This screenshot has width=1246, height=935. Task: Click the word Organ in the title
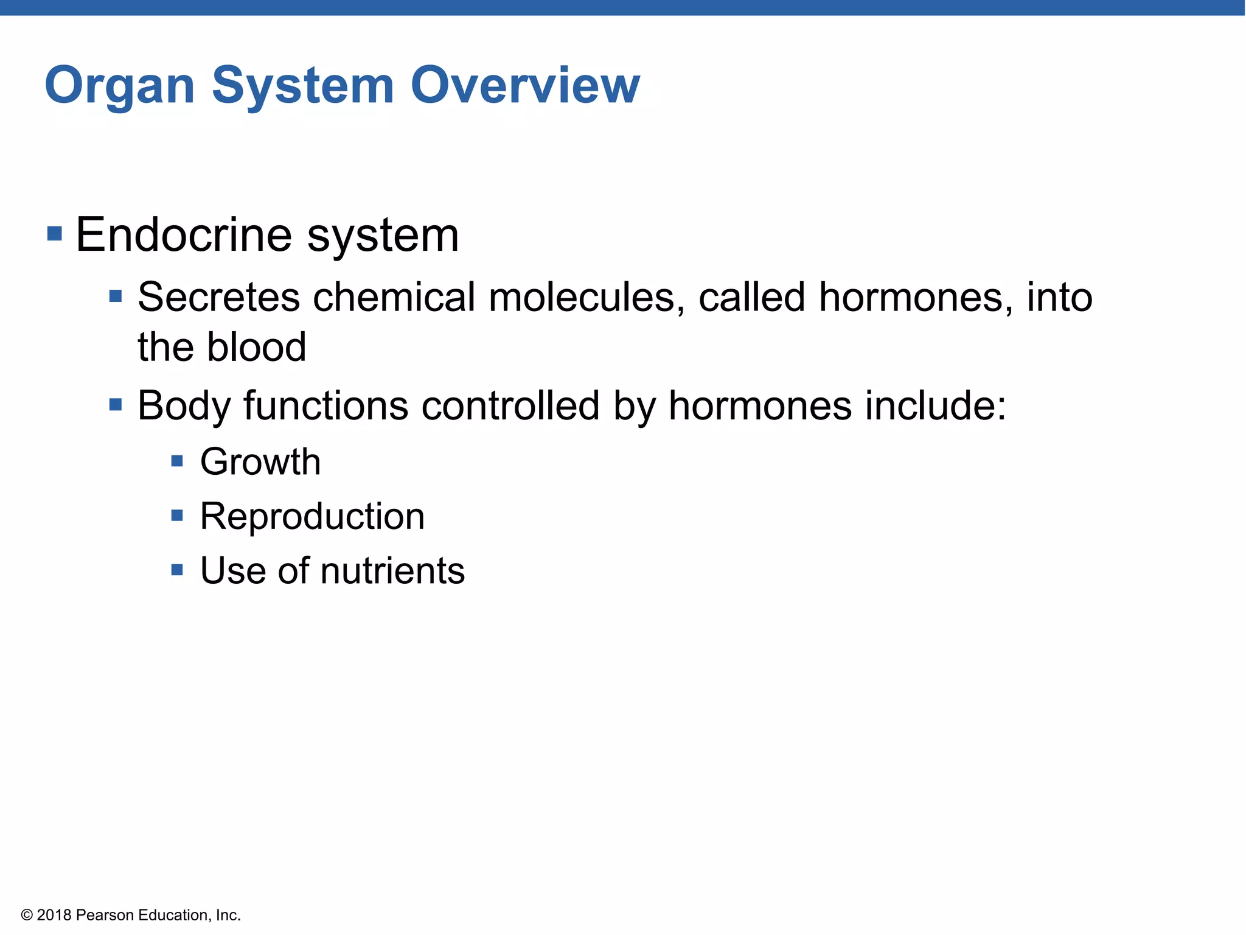(120, 86)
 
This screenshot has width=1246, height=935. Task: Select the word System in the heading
(302, 86)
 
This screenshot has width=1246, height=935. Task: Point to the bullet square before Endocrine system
(55, 234)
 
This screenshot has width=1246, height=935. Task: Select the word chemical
(394, 297)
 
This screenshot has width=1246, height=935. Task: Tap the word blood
(256, 347)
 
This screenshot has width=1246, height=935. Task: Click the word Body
(184, 405)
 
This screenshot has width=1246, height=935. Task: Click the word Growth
(260, 461)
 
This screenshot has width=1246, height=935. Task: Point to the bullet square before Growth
(177, 461)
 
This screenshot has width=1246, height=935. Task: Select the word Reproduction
(312, 516)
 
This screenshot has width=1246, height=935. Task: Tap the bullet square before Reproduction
(177, 516)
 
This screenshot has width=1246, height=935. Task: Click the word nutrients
(392, 571)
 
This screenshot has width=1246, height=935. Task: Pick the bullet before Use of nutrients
(177, 570)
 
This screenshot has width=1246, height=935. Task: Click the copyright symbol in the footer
(27, 916)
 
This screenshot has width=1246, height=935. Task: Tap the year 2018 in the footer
(54, 916)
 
